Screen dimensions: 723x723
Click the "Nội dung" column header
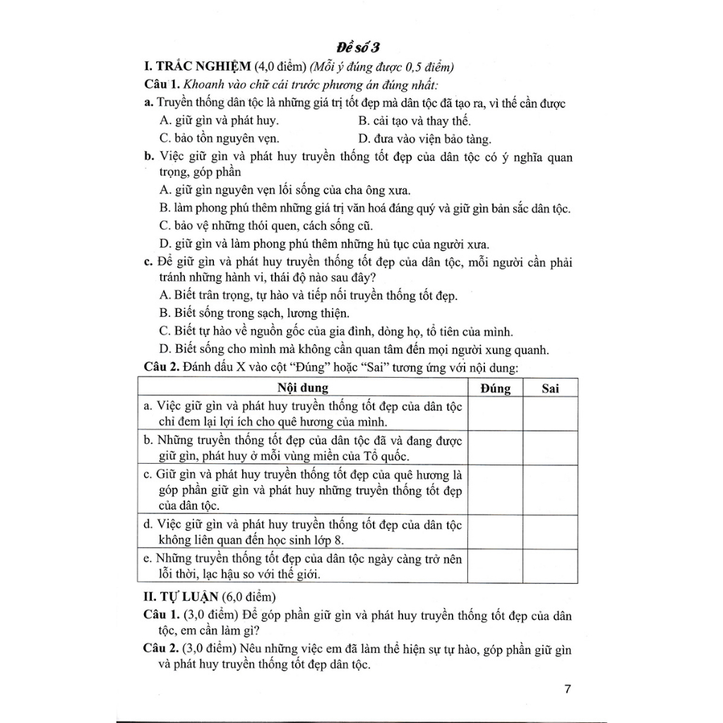(x=302, y=388)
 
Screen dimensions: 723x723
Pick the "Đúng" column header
(x=495, y=388)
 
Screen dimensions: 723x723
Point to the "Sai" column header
(x=550, y=388)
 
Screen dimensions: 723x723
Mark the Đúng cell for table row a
(x=495, y=414)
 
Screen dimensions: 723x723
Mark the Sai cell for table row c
(x=550, y=489)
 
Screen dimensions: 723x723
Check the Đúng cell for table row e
(x=495, y=566)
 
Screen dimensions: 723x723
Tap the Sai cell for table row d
(x=550, y=532)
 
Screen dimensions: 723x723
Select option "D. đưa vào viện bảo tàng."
(x=424, y=138)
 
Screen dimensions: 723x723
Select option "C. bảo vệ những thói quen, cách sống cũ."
(x=265, y=226)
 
